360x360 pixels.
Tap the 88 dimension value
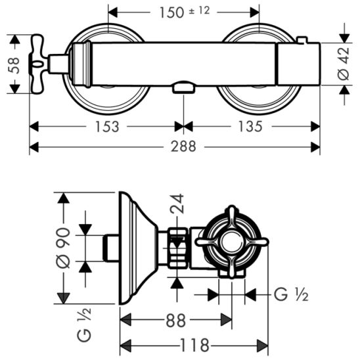point(175,321)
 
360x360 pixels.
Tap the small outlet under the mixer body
point(183,87)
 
